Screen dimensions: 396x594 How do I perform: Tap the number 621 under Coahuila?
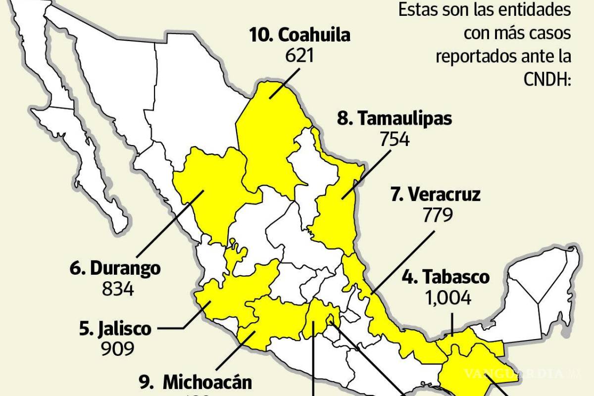pyautogui.click(x=299, y=55)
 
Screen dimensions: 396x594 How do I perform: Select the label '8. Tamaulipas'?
pyautogui.click(x=395, y=119)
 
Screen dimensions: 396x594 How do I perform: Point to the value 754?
pyautogui.click(x=395, y=140)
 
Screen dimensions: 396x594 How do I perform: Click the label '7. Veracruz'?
pyautogui.click(x=435, y=195)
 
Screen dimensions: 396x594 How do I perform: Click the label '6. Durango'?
pyautogui.click(x=115, y=268)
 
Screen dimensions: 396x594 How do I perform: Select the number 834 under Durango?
pyautogui.click(x=118, y=289)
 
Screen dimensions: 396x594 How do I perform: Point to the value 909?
pyautogui.click(x=118, y=349)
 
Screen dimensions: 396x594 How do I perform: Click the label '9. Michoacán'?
pyautogui.click(x=195, y=382)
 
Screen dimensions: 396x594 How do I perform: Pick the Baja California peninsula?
pyautogui.click(x=84, y=148)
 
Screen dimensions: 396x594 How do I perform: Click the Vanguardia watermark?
pyautogui.click(x=520, y=372)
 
